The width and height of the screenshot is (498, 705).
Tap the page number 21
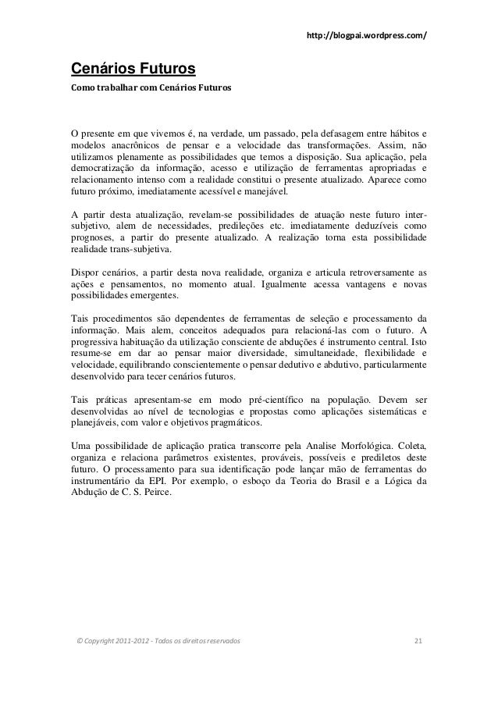[418, 641]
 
